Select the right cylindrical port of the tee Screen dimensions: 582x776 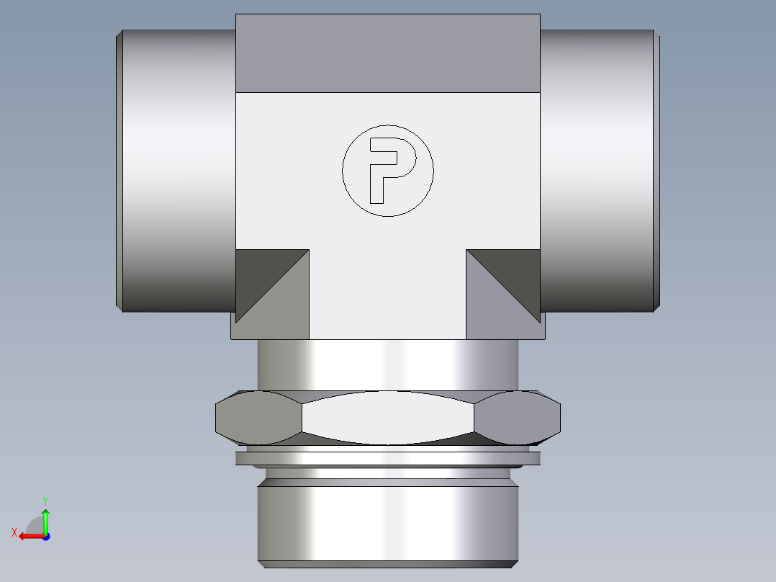(x=597, y=171)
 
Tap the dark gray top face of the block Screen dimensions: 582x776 (x=388, y=53)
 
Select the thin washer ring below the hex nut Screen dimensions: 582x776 (x=388, y=458)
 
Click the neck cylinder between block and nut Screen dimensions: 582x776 (x=388, y=365)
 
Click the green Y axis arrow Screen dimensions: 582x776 (x=45, y=519)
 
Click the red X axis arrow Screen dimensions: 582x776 (x=29, y=536)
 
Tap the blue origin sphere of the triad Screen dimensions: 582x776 (x=45, y=536)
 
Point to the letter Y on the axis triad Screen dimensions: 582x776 (x=45, y=499)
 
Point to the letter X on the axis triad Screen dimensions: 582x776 (x=14, y=532)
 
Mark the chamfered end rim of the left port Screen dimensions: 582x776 (x=119, y=171)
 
